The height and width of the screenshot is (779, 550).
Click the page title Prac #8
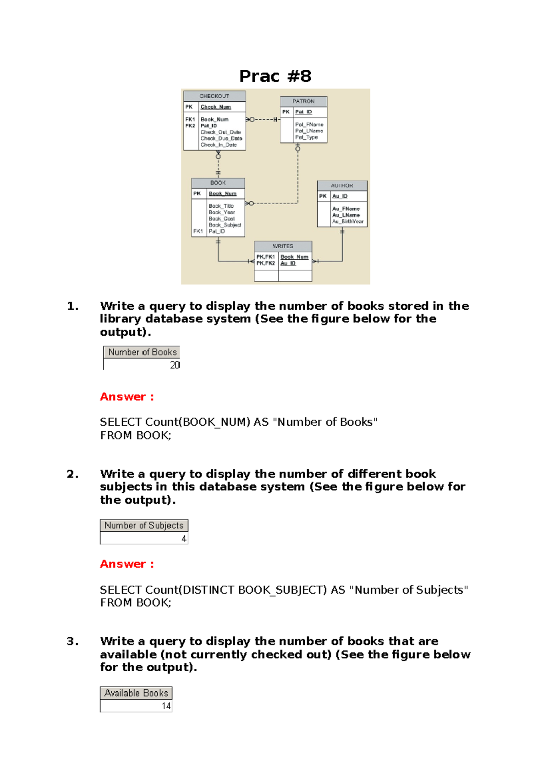pyautogui.click(x=275, y=76)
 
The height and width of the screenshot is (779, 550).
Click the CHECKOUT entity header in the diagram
pyautogui.click(x=214, y=96)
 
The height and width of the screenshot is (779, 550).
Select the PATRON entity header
pyautogui.click(x=303, y=101)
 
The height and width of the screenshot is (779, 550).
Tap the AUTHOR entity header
pyautogui.click(x=342, y=186)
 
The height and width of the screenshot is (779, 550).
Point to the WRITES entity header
pyautogui.click(x=283, y=246)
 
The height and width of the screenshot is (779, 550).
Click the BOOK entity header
pyautogui.click(x=218, y=183)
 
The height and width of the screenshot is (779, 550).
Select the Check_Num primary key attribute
pyautogui.click(x=216, y=107)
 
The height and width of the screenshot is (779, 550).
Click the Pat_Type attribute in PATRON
pyautogui.click(x=306, y=137)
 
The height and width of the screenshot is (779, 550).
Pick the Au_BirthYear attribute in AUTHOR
pyautogui.click(x=348, y=222)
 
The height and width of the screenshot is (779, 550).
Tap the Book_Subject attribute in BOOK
pyautogui.click(x=225, y=225)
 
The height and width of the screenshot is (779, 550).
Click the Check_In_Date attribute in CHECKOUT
pyautogui.click(x=219, y=145)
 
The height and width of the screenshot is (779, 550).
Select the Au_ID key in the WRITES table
pyautogui.click(x=288, y=264)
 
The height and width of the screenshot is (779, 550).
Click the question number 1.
pyautogui.click(x=72, y=306)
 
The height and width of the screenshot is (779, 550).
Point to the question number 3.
pyautogui.click(x=72, y=641)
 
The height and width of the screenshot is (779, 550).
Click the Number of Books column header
pyautogui.click(x=142, y=352)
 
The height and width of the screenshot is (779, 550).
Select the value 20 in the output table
pyautogui.click(x=175, y=365)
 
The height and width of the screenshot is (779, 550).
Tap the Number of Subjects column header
pyautogui.click(x=144, y=526)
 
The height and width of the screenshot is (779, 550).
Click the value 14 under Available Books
pyautogui.click(x=166, y=706)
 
